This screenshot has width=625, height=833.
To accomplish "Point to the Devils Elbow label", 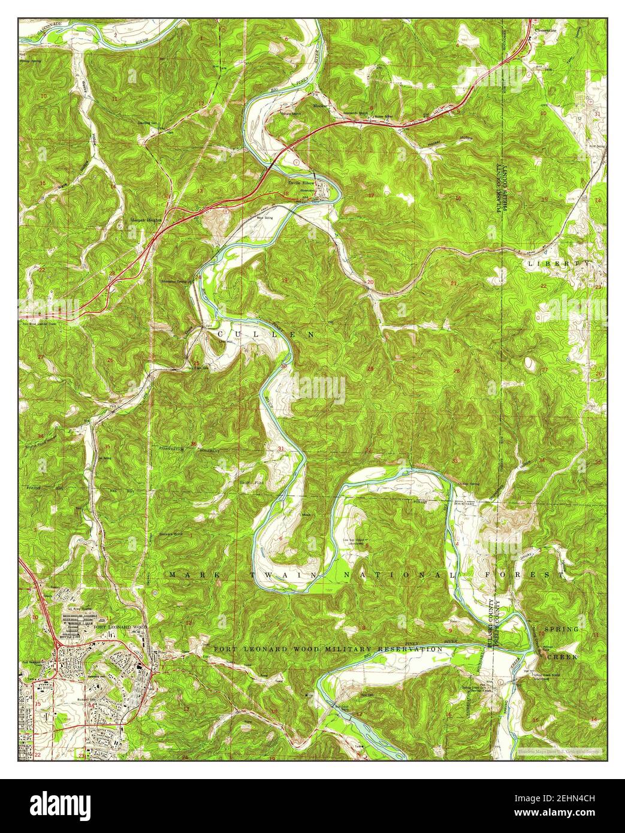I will coord(301,182).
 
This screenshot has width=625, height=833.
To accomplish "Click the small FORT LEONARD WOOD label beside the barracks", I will coord(116,626).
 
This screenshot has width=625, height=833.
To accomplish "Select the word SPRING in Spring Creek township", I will coord(561,630).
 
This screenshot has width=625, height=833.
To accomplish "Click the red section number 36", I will coord(194,443).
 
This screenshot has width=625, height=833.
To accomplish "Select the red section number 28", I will coord(457,371).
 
